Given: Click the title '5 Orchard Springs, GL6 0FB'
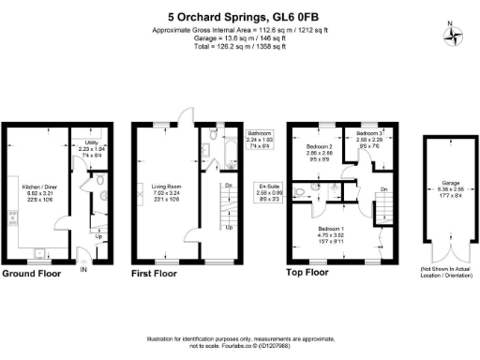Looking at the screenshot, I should [239, 15].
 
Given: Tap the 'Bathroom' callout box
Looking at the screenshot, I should [260, 140].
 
